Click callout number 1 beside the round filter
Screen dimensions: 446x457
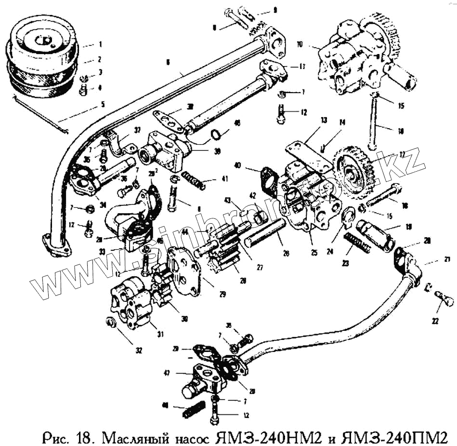[100, 44]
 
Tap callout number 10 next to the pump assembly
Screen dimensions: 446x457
[300, 45]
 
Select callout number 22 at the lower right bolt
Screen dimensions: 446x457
[435, 322]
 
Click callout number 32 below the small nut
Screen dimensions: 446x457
[139, 351]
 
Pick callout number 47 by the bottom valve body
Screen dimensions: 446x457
[179, 373]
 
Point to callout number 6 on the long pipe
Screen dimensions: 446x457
[168, 62]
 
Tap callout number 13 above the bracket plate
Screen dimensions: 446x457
[324, 119]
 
